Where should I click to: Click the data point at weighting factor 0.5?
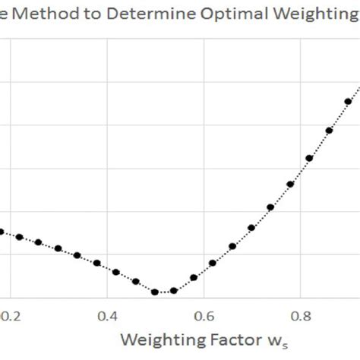pos(155,292)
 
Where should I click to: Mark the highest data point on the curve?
pos(349,101)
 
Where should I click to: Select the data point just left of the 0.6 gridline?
pos(194,277)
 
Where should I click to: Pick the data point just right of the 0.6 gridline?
pos(213,263)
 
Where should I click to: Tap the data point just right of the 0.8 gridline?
pos(310,158)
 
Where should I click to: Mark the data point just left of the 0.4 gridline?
pos(96,264)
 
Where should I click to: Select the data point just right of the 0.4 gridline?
pos(116,272)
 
